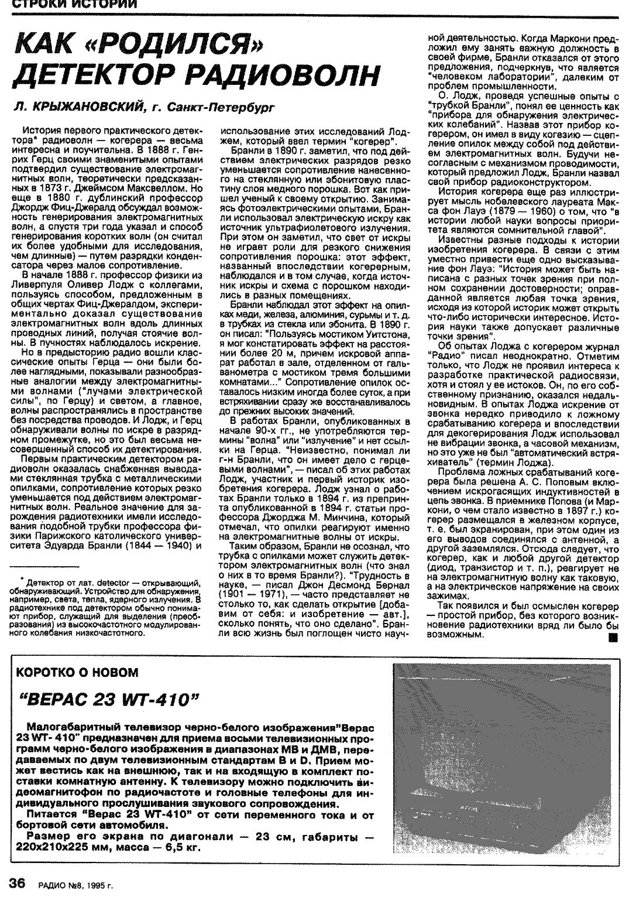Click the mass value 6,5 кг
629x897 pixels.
coord(176,847)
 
